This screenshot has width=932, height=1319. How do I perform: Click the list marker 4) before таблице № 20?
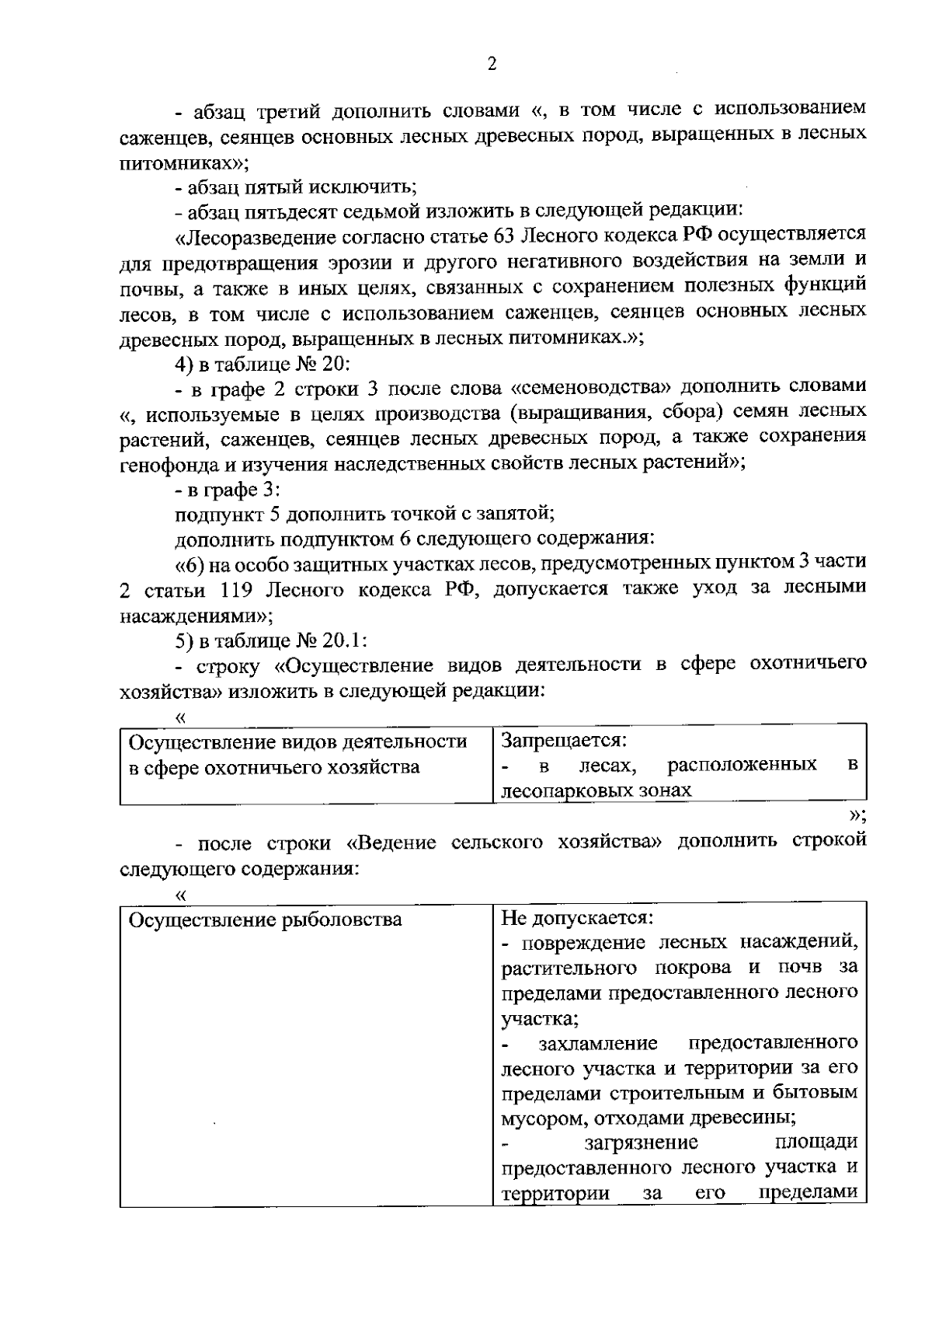(x=184, y=364)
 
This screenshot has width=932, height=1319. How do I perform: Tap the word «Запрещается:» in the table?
(x=563, y=741)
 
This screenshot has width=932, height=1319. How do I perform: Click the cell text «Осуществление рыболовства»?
(x=265, y=920)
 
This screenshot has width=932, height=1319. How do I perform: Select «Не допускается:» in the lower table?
(x=578, y=918)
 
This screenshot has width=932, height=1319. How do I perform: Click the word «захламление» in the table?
(x=598, y=1043)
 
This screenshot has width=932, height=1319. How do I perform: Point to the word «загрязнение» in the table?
(x=642, y=1143)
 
